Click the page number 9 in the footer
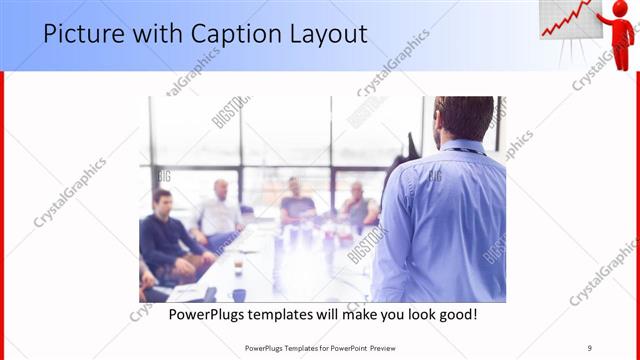coord(590,348)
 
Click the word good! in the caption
coord(456,315)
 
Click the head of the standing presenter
coord(464,117)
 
